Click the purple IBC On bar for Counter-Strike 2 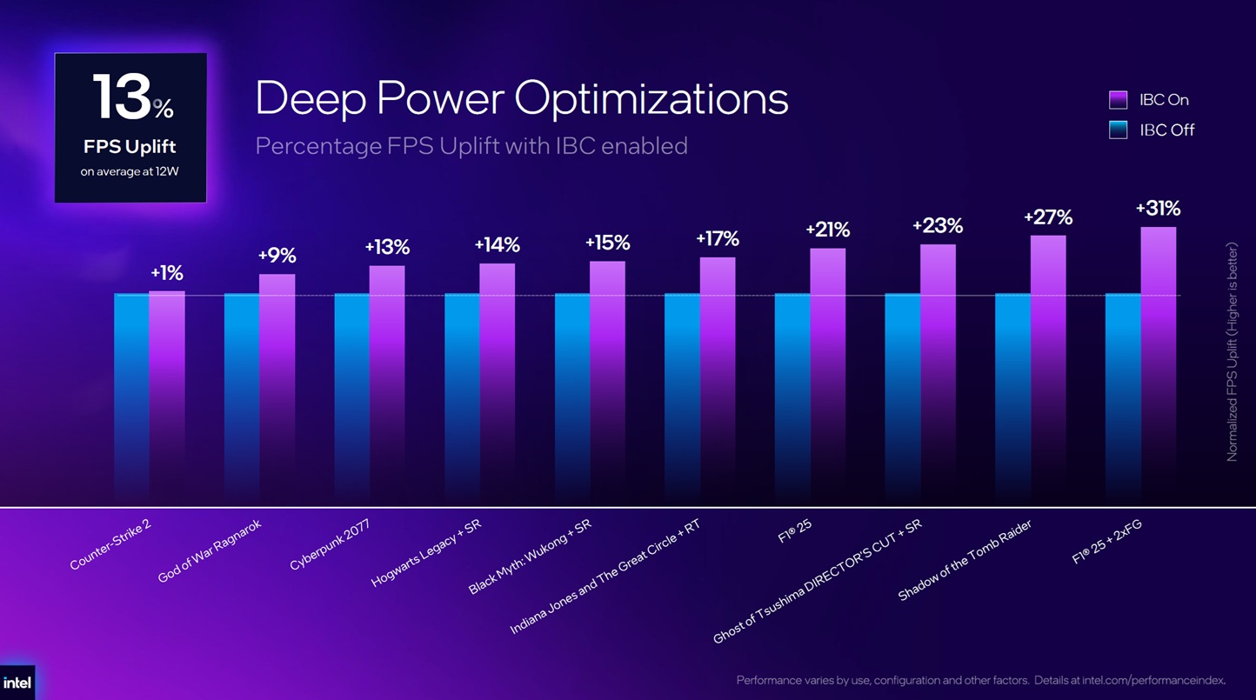tap(167, 395)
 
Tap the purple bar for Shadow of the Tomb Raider tap(1048, 368)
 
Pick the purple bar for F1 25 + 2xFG tap(1159, 363)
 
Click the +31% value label tap(1158, 209)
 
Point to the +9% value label tap(277, 256)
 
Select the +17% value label tap(717, 239)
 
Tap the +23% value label tap(938, 226)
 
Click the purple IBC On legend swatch tap(1118, 100)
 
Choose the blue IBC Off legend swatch tap(1118, 130)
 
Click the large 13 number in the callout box tap(123, 97)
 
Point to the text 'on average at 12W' tap(130, 171)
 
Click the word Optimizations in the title tap(651, 99)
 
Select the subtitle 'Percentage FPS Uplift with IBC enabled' tap(471, 146)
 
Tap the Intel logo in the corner tap(17, 683)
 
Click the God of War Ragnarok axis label tap(209, 551)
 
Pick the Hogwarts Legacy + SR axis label tap(426, 553)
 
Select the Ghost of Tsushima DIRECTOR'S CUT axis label tap(817, 581)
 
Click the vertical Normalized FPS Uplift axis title tap(1232, 352)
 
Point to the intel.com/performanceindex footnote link tap(1153, 680)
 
